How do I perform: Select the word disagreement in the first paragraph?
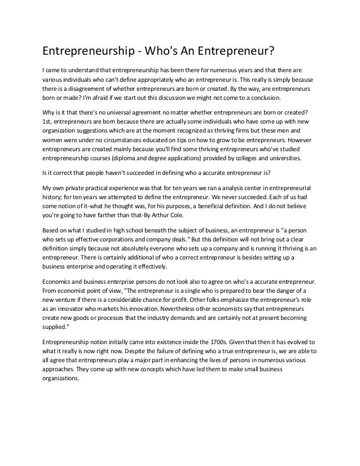tap(93, 90)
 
